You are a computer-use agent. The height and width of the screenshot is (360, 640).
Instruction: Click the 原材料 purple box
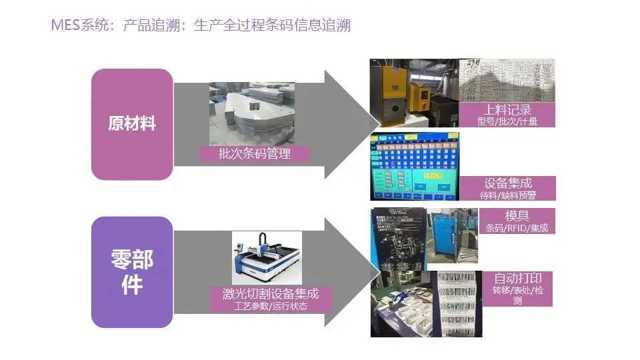click(132, 124)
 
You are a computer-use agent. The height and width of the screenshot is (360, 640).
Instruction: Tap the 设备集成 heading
click(508, 183)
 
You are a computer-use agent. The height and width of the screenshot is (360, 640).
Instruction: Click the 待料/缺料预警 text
click(508, 195)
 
